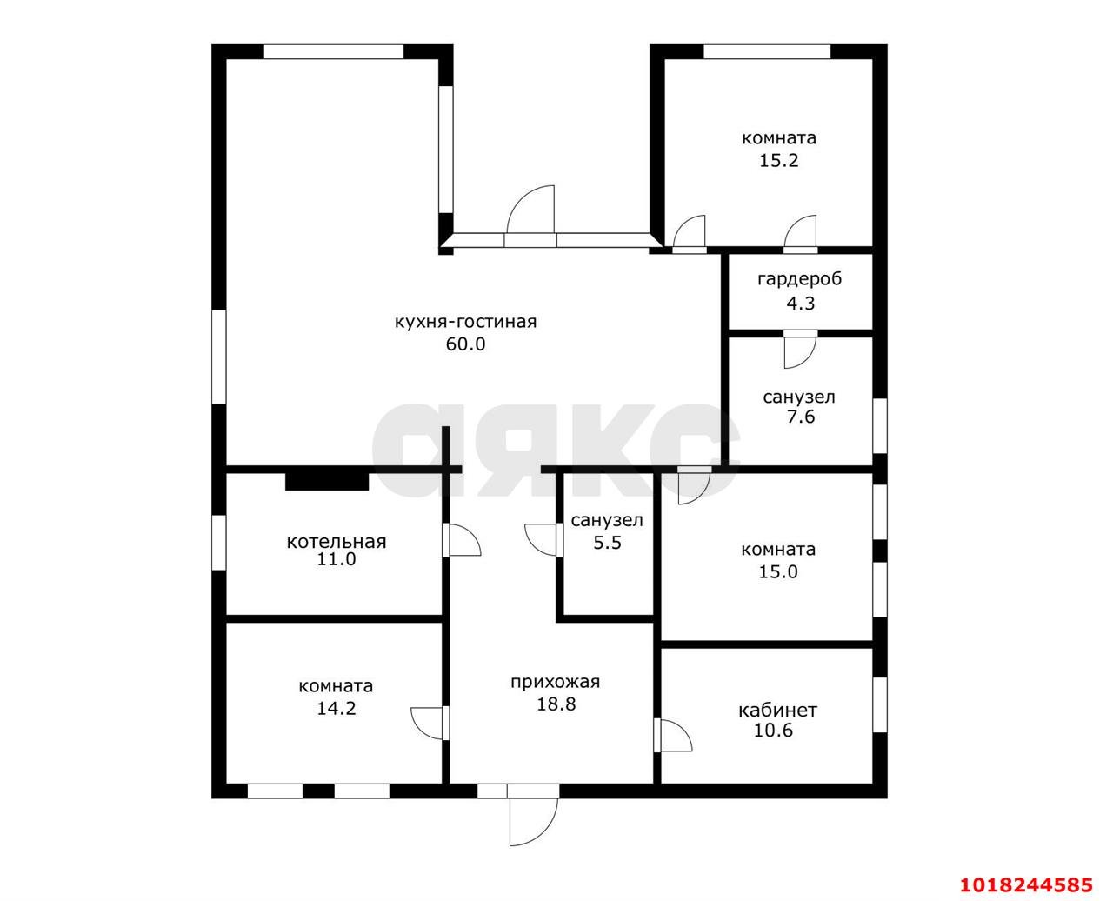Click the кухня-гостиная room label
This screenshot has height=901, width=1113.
[x=465, y=322]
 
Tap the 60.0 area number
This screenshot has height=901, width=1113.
[x=465, y=344]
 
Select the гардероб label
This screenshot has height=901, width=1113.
[x=799, y=279]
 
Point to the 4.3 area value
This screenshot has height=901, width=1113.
[x=800, y=304]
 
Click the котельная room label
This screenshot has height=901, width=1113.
[x=336, y=542]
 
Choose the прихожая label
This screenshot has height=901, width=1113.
[x=555, y=683]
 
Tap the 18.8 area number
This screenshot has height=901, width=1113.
[x=556, y=704]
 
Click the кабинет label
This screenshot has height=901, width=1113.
[x=777, y=711]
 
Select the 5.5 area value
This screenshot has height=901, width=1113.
[x=607, y=543]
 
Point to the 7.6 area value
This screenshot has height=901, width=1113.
[x=801, y=417]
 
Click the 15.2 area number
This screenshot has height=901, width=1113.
[x=778, y=160]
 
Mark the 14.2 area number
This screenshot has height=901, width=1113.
[x=336, y=708]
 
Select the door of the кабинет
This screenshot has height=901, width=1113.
[x=673, y=736]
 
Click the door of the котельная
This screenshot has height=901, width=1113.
[x=462, y=539]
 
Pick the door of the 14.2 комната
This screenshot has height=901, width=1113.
[x=430, y=724]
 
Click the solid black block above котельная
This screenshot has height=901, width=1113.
[x=327, y=481]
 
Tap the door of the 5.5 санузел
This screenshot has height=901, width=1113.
[x=543, y=539]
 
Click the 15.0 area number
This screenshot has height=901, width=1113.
[x=778, y=572]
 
